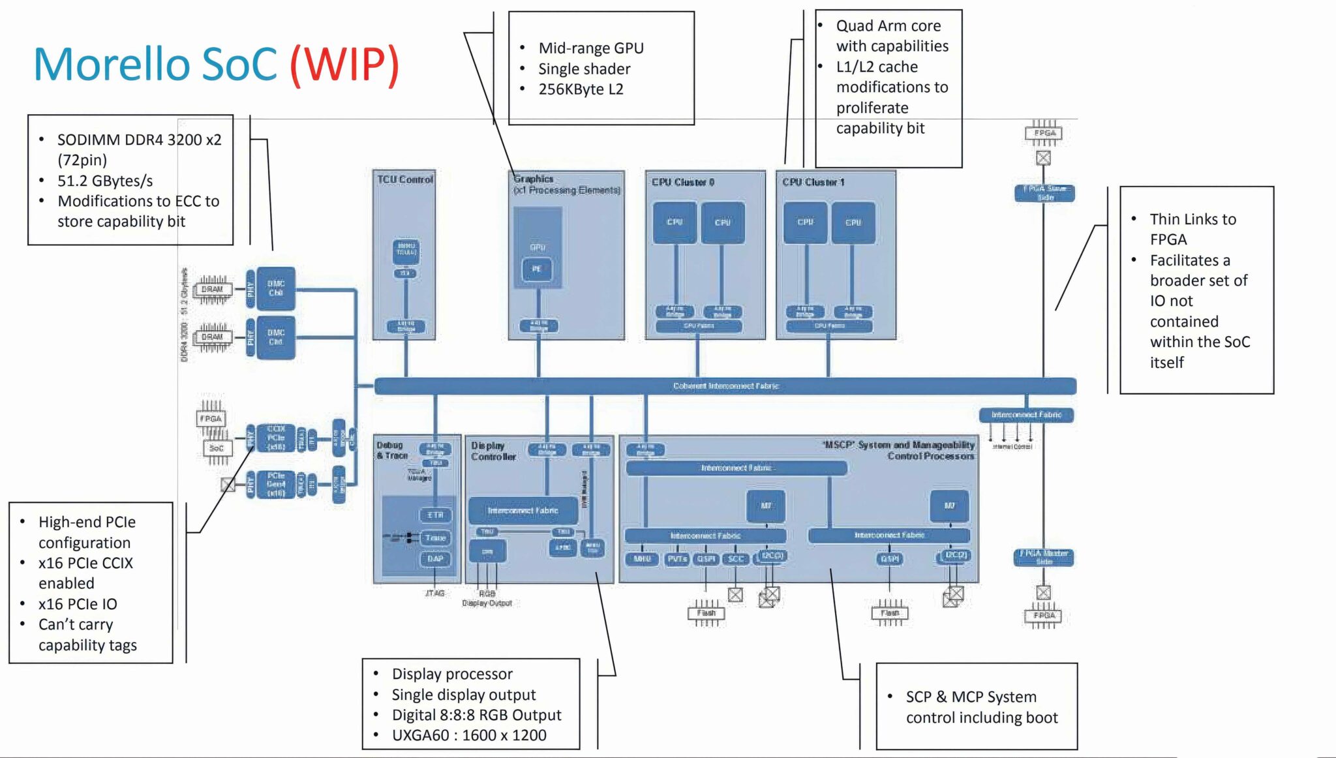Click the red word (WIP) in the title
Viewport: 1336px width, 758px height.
[x=344, y=65]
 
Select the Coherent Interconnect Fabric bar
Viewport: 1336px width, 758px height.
[x=725, y=386]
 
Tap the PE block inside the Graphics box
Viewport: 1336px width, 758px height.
[x=537, y=269]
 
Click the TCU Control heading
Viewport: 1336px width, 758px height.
[x=404, y=179]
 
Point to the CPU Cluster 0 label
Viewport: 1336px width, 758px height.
[x=682, y=182]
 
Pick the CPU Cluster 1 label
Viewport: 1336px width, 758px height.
[x=813, y=182]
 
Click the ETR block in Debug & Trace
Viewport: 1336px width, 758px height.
[x=435, y=515]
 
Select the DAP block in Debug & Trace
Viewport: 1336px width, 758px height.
[x=435, y=559]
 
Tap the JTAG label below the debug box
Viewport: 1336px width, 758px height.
[x=434, y=593]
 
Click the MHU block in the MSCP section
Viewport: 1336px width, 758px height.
[x=643, y=559]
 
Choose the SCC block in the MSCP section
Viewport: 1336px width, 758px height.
[x=736, y=559]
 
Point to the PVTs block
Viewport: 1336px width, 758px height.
[x=677, y=559]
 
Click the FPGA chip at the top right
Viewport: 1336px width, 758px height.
[x=1044, y=133]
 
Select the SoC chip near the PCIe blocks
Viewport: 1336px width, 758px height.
[x=216, y=448]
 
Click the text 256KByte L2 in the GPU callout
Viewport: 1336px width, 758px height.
[x=581, y=89]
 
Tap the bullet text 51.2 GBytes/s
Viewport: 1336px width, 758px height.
[x=105, y=181]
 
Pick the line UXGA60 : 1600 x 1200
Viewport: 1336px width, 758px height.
[x=469, y=735]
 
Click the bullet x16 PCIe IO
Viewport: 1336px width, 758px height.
[x=78, y=604]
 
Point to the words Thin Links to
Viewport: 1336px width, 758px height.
[x=1192, y=219]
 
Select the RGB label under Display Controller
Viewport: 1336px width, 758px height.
[x=487, y=594]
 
